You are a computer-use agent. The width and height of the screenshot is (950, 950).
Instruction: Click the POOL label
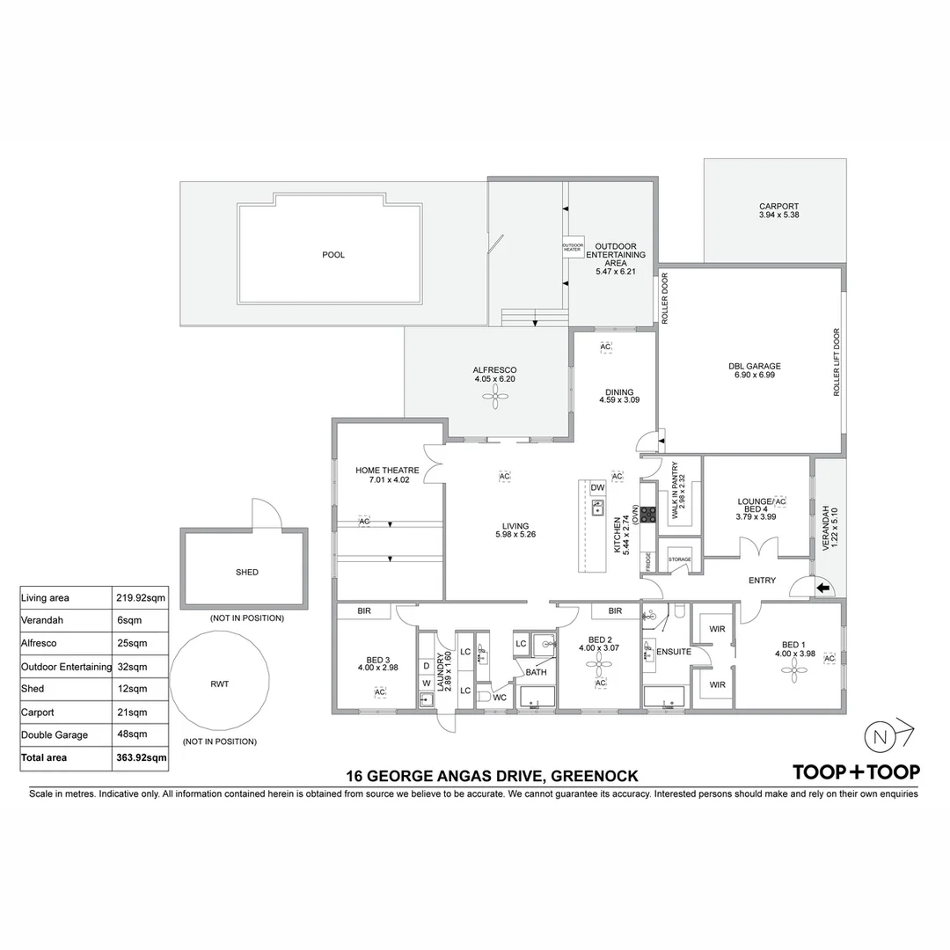point(333,255)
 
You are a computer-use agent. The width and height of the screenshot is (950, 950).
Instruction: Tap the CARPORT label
point(778,207)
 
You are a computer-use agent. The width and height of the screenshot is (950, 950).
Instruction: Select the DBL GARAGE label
point(754,366)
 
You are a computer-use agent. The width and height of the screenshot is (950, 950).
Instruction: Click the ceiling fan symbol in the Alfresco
point(495,398)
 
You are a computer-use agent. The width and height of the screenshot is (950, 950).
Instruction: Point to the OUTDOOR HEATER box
point(573,248)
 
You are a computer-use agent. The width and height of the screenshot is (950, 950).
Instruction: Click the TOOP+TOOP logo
point(856,772)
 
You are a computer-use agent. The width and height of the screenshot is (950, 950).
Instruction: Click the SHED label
point(247,572)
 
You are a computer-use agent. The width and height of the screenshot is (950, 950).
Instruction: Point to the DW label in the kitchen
point(597,488)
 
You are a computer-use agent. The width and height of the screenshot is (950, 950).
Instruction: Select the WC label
point(500,698)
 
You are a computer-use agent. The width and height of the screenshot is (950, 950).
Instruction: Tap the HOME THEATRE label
point(387,471)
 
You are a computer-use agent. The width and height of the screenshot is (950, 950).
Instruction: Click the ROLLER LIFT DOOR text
point(837,362)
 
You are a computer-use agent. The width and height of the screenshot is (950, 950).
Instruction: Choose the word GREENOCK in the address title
point(594,776)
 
